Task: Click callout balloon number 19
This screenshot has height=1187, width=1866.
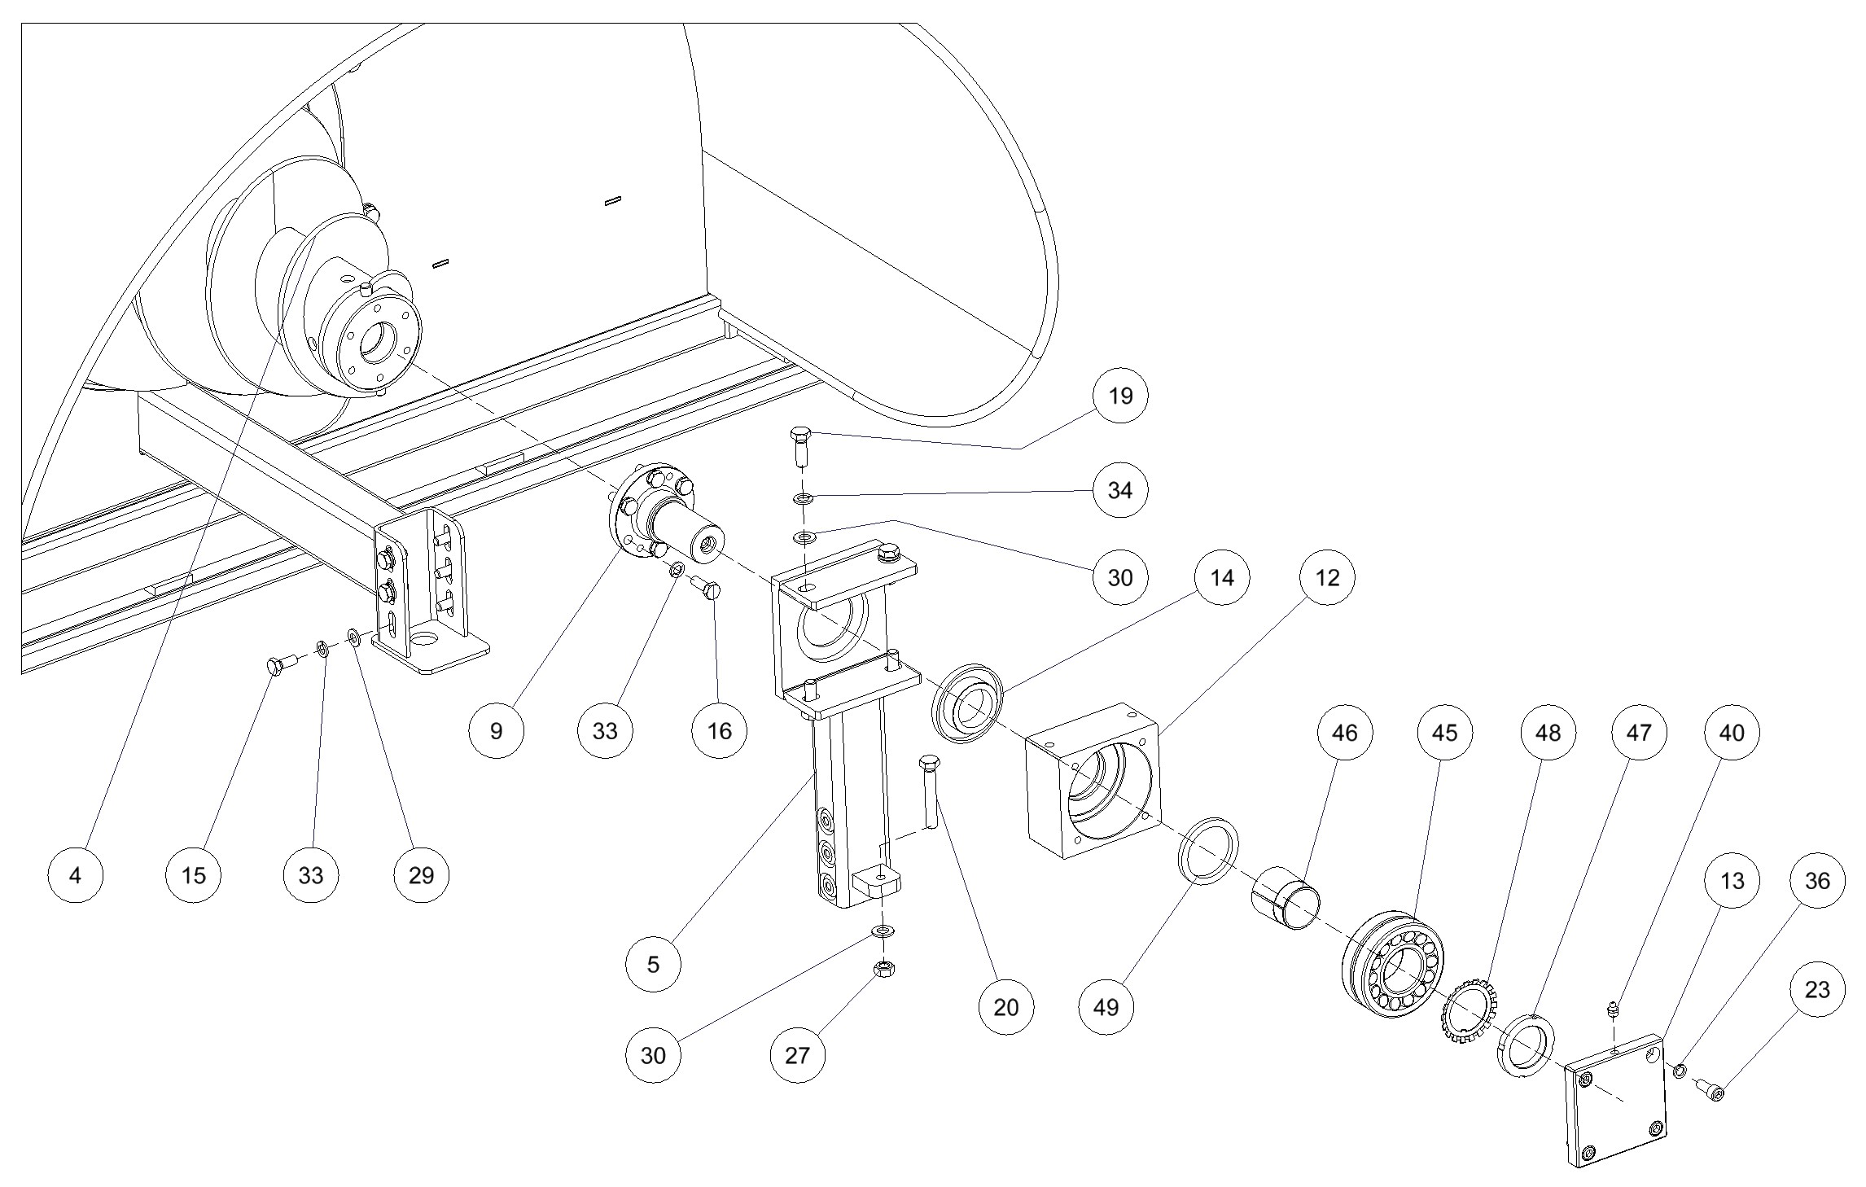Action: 1120,396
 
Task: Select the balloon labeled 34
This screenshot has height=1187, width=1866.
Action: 1120,490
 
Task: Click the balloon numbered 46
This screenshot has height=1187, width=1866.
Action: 1344,733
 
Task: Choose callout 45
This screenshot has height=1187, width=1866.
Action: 1444,733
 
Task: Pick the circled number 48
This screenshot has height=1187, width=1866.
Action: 1548,733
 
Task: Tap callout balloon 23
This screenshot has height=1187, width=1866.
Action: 1817,990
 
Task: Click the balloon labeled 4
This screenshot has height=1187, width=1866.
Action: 76,875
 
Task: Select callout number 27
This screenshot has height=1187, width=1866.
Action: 797,1055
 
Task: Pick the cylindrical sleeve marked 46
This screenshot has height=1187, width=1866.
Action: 1286,899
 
